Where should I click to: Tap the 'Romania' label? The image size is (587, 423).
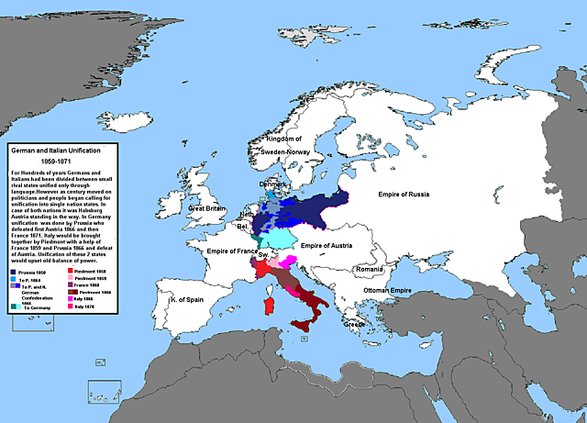374,269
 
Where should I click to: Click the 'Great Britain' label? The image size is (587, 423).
206,208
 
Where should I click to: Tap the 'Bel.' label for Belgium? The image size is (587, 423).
242,226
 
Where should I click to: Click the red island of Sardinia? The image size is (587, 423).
269,303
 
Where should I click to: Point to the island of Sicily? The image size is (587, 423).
303,326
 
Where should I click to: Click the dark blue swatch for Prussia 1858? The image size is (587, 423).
13,273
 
